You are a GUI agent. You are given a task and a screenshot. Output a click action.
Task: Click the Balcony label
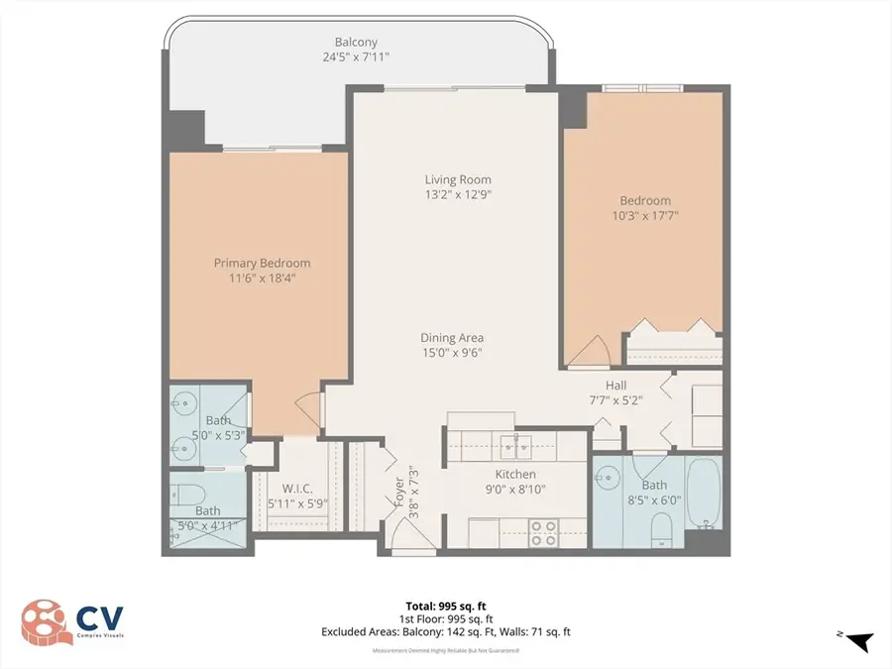(354, 42)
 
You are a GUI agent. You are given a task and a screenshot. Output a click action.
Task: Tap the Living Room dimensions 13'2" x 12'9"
(458, 195)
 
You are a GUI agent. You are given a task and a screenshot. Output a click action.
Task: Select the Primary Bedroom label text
(262, 263)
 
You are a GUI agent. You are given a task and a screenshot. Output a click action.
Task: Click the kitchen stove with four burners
(544, 532)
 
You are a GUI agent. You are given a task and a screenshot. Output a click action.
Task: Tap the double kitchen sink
(516, 447)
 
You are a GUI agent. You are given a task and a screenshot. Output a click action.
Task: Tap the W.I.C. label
(298, 488)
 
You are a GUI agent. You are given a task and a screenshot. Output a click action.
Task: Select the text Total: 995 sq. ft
(446, 606)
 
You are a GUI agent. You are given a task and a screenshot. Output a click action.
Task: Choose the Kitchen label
(515, 474)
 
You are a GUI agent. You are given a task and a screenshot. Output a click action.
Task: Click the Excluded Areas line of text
(446, 631)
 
